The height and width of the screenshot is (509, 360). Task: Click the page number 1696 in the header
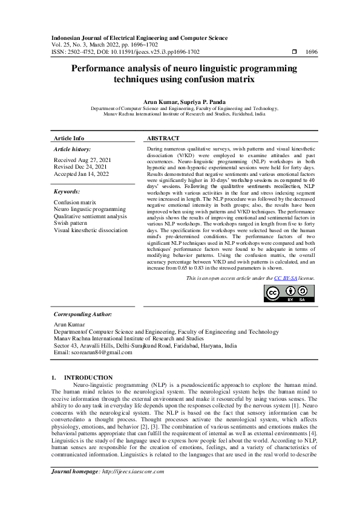pyautogui.click(x=312, y=53)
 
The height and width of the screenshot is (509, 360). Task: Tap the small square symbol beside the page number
pyautogui.click(x=294, y=53)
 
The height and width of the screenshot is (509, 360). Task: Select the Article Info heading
pyautogui.click(x=69, y=138)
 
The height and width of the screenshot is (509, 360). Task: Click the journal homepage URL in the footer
pyautogui.click(x=129, y=488)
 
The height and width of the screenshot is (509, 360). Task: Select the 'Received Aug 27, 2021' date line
pyautogui.click(x=81, y=160)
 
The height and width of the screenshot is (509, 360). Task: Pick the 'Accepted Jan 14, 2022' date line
pyautogui.click(x=81, y=173)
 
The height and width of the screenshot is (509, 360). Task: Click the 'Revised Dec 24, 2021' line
pyautogui.click(x=80, y=166)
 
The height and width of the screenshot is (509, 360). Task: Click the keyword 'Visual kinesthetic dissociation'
pyautogui.click(x=91, y=230)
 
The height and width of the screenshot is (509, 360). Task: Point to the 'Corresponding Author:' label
pyautogui.click(x=82, y=314)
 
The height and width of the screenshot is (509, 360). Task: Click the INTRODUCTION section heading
pyautogui.click(x=88, y=377)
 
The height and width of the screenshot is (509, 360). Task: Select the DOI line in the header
pyautogui.click(x=126, y=53)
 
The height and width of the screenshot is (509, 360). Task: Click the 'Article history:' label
pyautogui.click(x=73, y=149)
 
